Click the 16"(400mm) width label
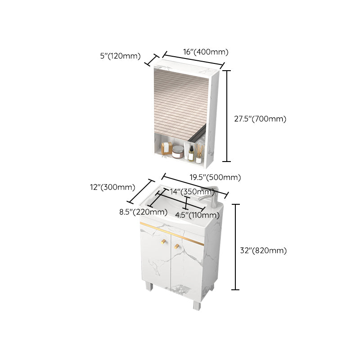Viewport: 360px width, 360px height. [x=206, y=51]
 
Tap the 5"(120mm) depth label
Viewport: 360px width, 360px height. [x=120, y=56]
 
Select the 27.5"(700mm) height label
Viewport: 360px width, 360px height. [x=260, y=119]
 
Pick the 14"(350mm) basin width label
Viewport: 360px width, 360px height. [x=186, y=192]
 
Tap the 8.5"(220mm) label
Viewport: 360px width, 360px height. [x=140, y=212]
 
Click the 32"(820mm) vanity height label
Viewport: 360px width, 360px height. [x=263, y=251]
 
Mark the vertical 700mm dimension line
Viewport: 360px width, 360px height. [x=227, y=116]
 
